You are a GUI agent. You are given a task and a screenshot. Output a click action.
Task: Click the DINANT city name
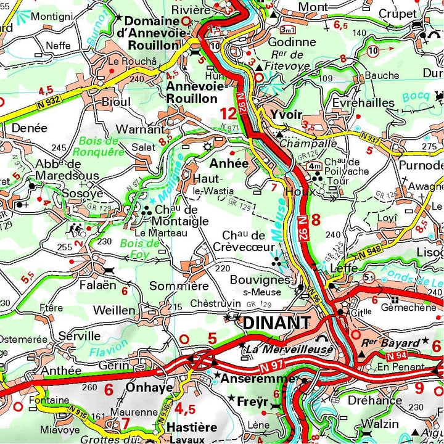click(x=276, y=323)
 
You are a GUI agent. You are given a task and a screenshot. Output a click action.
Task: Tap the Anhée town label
click(x=229, y=163)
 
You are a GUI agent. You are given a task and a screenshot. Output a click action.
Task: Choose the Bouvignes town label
click(x=260, y=279)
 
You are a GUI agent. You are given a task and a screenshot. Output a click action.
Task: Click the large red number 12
click(x=228, y=113)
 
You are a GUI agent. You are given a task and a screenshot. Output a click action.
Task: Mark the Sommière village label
click(x=179, y=286)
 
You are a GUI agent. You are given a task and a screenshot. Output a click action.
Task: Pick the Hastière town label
click(x=192, y=427)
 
